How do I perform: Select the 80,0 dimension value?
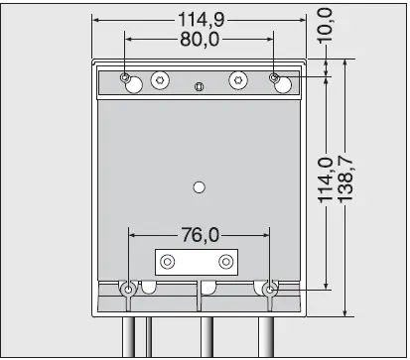click(200, 40)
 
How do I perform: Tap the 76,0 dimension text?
click(200, 235)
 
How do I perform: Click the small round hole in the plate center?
click(200, 186)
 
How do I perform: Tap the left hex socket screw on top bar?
click(160, 79)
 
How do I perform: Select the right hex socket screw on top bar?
click(238, 79)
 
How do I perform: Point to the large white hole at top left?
click(133, 86)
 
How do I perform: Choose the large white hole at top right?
click(283, 86)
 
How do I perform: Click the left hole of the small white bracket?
click(169, 262)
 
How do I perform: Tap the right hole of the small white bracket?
click(227, 262)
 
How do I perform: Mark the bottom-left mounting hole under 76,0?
click(129, 290)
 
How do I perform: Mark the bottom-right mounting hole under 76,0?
click(268, 290)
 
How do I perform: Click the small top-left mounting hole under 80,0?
click(124, 77)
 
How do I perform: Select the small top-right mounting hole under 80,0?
click(274, 77)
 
